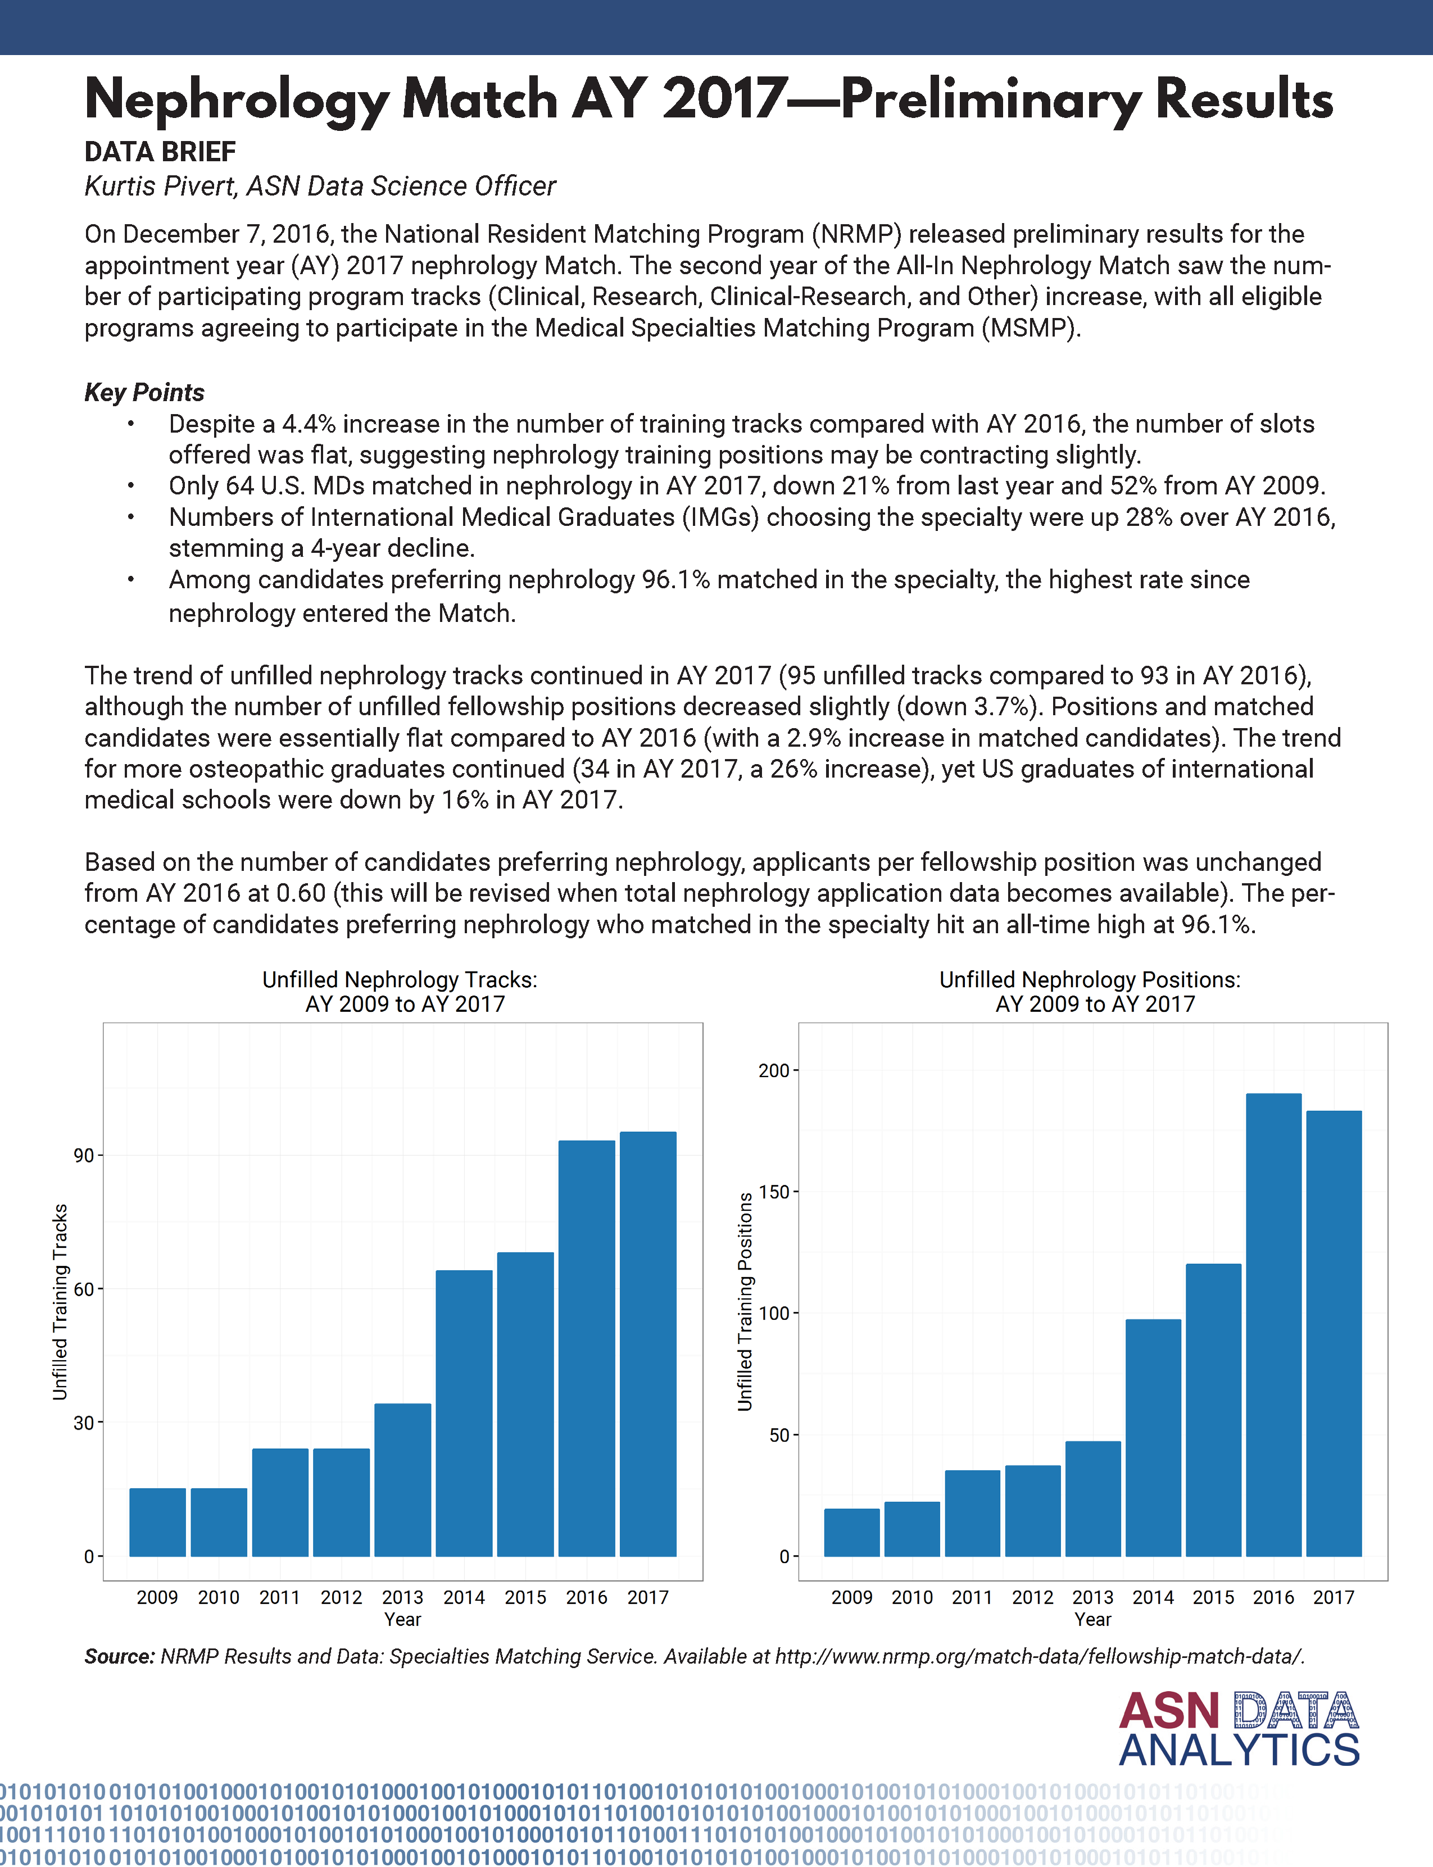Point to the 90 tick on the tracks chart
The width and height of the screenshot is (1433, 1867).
(84, 1156)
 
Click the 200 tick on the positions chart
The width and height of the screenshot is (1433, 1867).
(774, 1070)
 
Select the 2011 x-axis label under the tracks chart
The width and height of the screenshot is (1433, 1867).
(280, 1597)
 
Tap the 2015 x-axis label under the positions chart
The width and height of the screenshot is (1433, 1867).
(1213, 1597)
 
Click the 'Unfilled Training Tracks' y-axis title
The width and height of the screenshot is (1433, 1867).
(60, 1302)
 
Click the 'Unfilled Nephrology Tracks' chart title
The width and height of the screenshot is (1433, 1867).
(400, 980)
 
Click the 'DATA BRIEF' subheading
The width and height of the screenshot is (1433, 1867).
(160, 152)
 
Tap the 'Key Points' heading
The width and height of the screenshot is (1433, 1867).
(144, 392)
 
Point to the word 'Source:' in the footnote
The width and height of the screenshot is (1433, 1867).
(119, 1656)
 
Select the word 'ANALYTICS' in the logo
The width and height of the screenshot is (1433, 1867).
(1239, 1750)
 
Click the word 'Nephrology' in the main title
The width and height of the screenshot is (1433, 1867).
(236, 100)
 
